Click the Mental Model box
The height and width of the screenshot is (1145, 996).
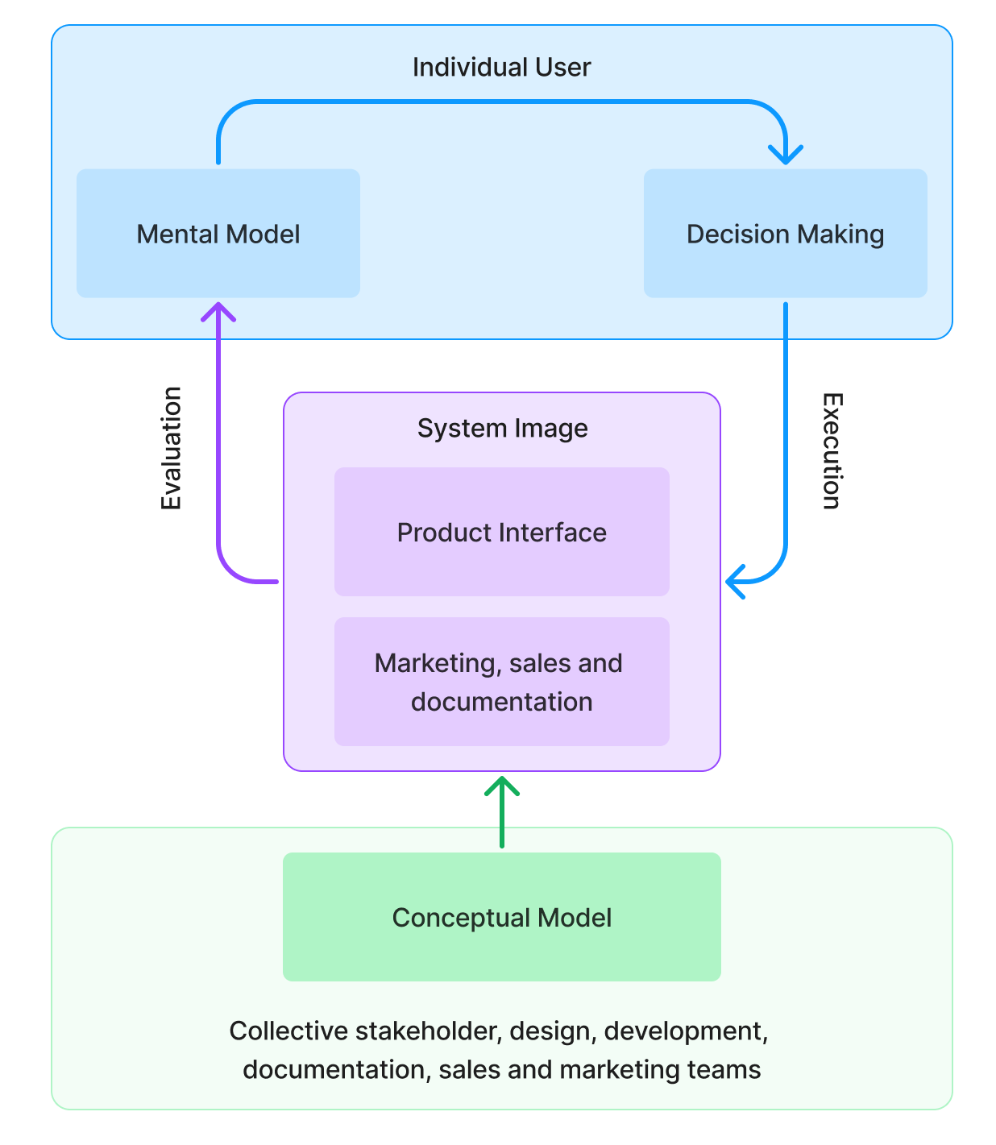tap(218, 234)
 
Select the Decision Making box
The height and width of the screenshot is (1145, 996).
tap(785, 234)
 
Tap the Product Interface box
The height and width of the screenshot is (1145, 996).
tap(501, 533)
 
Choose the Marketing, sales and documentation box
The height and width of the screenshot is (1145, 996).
tap(501, 682)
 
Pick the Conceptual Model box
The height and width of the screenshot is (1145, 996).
tap(501, 917)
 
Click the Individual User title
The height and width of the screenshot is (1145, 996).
tap(501, 67)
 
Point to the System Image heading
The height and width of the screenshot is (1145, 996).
tap(502, 429)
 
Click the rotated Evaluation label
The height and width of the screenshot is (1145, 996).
tap(171, 448)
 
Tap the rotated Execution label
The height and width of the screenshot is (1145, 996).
tap(832, 451)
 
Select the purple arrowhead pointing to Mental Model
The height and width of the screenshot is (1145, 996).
tap(218, 313)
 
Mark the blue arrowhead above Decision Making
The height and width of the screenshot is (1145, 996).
tap(786, 153)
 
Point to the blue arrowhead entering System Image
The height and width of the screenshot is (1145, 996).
tap(735, 581)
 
